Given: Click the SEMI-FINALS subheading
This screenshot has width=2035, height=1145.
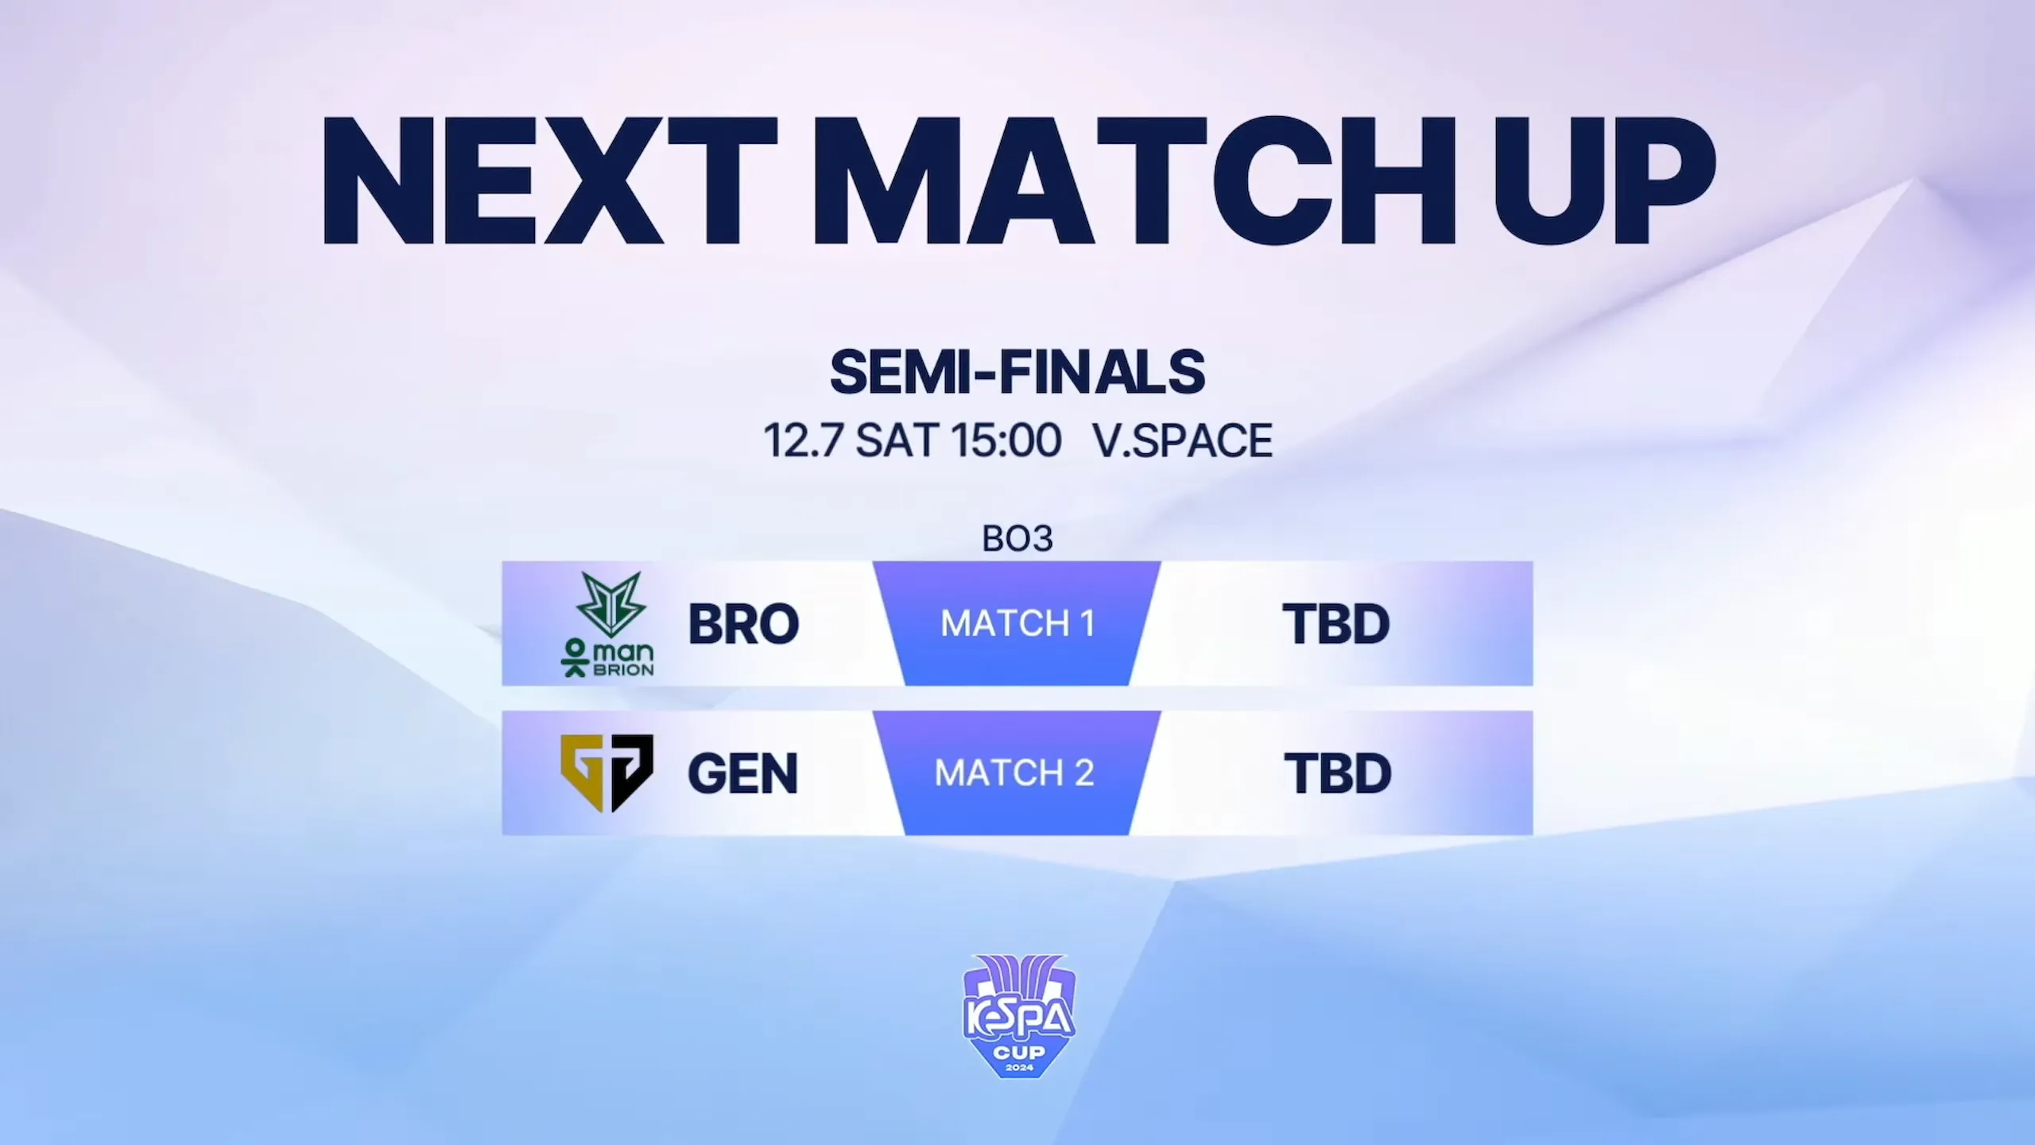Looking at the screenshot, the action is pyautogui.click(x=1017, y=372).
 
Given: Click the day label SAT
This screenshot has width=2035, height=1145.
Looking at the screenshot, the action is pyautogui.click(x=897, y=440).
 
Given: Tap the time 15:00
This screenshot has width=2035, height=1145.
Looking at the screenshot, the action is pyautogui.click(x=1006, y=440).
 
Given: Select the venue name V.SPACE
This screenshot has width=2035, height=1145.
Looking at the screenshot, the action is pyautogui.click(x=1183, y=440).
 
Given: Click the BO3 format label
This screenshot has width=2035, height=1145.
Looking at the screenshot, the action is pyautogui.click(x=1017, y=539).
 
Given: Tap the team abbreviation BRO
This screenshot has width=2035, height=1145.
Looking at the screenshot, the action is pyautogui.click(x=743, y=624).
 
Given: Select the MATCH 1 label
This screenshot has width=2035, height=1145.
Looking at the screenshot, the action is pyautogui.click(x=1017, y=623).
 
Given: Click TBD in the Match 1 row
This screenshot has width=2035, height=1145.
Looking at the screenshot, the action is pyautogui.click(x=1336, y=624).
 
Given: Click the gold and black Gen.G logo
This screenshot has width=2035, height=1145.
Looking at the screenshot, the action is pyautogui.click(x=607, y=773).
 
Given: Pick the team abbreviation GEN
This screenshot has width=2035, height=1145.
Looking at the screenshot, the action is pyautogui.click(x=742, y=773).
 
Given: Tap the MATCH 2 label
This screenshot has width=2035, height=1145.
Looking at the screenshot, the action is pyautogui.click(x=1015, y=773).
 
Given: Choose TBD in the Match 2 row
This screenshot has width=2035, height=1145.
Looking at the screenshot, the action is pyautogui.click(x=1338, y=773).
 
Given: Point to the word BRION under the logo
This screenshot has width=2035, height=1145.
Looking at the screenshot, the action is pyautogui.click(x=624, y=670).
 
